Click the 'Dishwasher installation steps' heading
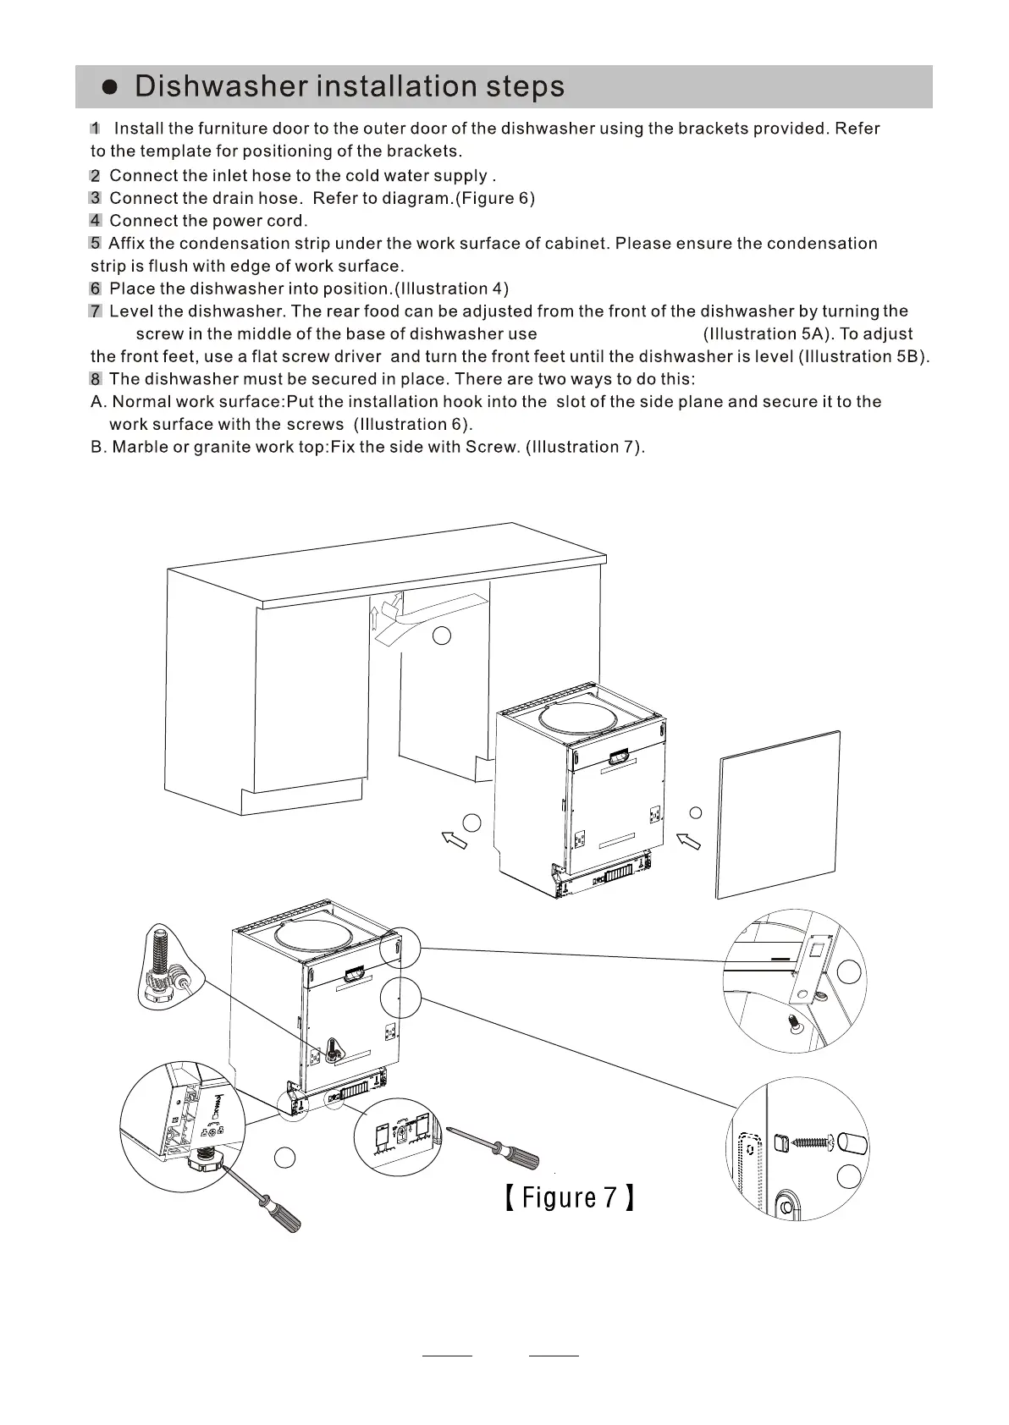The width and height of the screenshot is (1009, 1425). [x=349, y=86]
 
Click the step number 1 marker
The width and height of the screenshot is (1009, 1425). [x=95, y=129]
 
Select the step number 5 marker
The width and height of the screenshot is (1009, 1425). [x=95, y=244]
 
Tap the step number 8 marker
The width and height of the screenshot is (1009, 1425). [x=95, y=379]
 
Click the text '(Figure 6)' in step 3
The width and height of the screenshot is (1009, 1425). [x=495, y=198]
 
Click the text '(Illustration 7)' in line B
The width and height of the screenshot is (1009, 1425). [x=585, y=447]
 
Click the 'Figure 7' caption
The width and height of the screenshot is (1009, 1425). [x=569, y=1198]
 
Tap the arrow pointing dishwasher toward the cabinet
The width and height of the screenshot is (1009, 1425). [x=454, y=839]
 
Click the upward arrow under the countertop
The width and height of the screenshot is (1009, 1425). [x=374, y=619]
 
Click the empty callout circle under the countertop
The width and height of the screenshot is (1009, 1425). [x=442, y=635]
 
